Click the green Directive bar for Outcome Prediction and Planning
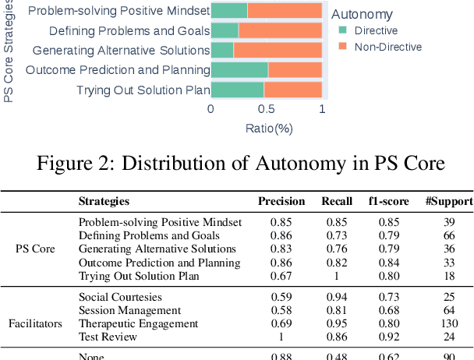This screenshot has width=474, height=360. tap(239, 70)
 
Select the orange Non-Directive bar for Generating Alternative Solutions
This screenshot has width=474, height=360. tap(278, 51)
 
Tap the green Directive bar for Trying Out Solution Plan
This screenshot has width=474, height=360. tap(237, 90)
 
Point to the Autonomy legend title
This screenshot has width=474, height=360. tap(362, 14)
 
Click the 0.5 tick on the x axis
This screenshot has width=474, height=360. tap(266, 109)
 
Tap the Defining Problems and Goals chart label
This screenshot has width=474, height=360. tap(129, 31)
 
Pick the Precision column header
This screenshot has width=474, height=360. tap(281, 202)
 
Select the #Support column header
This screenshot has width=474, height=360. tap(449, 202)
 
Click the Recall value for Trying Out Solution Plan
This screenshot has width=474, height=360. tap(338, 276)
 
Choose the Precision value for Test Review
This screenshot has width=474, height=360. tap(281, 337)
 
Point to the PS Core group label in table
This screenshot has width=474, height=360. tap(35, 249)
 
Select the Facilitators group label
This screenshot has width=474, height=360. tap(35, 323)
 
